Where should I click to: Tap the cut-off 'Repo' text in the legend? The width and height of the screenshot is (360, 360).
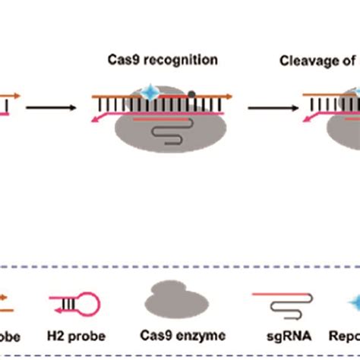click(345, 336)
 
